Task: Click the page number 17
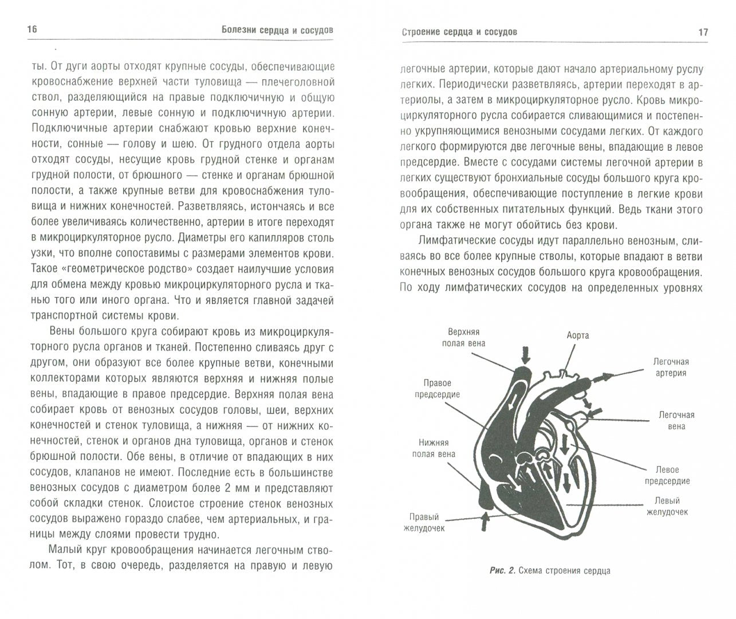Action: coord(703,32)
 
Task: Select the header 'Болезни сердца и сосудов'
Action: coord(278,30)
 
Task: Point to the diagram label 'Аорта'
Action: coord(577,335)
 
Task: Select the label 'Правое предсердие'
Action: coord(438,389)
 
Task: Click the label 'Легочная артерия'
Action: coord(671,367)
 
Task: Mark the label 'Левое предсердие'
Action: coord(667,475)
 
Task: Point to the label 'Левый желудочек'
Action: coord(667,506)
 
